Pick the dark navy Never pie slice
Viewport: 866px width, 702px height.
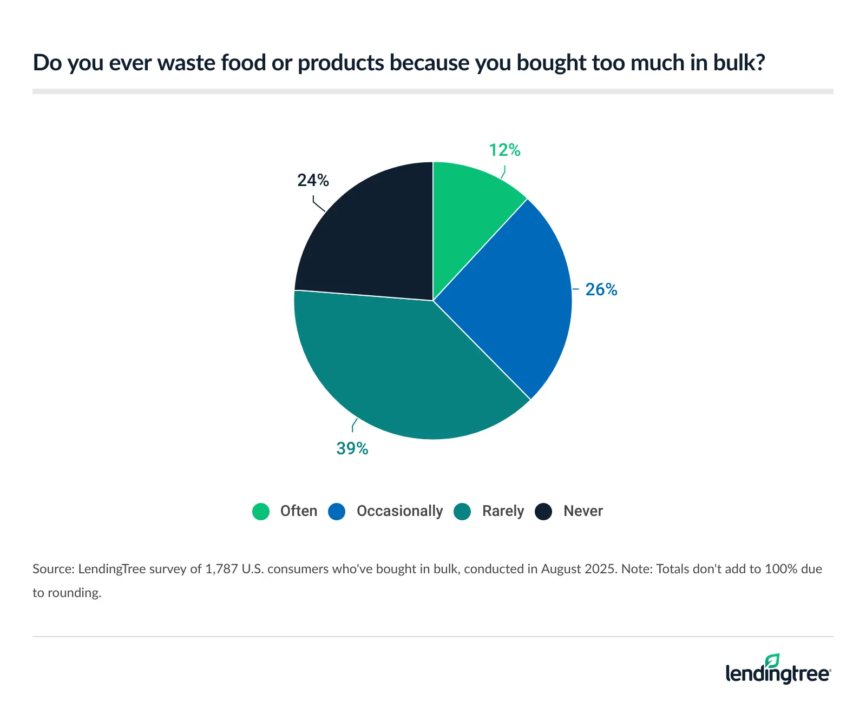click(368, 238)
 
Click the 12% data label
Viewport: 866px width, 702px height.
click(504, 150)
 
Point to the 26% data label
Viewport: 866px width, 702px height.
click(601, 289)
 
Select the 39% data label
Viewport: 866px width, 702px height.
click(352, 448)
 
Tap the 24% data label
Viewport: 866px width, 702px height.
click(313, 180)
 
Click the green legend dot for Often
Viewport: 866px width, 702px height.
click(261, 511)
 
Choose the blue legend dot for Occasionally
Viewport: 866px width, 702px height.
click(337, 511)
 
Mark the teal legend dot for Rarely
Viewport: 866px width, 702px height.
click(462, 511)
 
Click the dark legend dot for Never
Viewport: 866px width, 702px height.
click(543, 511)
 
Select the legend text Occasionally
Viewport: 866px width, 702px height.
click(399, 511)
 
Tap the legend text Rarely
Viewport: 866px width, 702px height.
click(503, 511)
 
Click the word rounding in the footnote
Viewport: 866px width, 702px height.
click(74, 593)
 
